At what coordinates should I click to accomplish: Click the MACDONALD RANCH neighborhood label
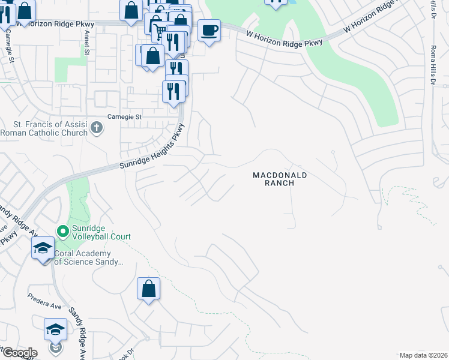(280, 179)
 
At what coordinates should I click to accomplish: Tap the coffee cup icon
(209, 31)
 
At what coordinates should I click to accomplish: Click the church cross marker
(97, 127)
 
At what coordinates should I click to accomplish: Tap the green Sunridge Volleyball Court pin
(62, 231)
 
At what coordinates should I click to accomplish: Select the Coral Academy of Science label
(89, 257)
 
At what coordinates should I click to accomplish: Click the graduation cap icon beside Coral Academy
(43, 248)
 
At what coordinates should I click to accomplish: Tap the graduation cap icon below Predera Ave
(55, 329)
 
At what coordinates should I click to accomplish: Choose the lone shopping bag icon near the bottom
(149, 289)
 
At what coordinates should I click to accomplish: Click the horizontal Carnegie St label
(124, 117)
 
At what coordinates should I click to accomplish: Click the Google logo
(20, 353)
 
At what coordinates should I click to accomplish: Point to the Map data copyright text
(423, 355)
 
